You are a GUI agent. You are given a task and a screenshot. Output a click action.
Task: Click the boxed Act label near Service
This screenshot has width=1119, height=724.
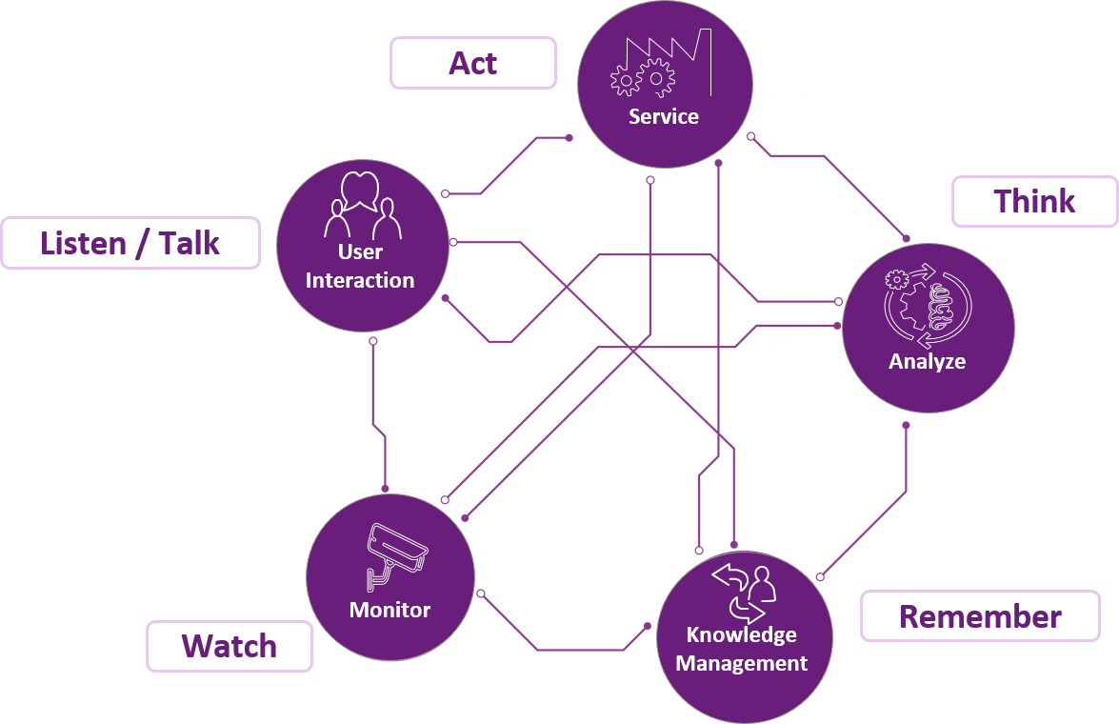tap(473, 63)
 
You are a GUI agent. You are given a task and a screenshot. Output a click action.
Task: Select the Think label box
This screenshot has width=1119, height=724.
tap(1034, 201)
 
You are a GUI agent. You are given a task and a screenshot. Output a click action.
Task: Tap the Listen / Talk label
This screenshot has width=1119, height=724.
tap(130, 243)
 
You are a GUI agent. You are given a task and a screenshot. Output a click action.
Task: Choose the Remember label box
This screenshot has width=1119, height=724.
tap(980, 616)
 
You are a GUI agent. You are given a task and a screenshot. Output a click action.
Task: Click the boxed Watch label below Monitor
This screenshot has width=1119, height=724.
tap(230, 646)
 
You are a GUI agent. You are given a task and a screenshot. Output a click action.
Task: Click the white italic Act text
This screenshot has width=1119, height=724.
tap(526, 317)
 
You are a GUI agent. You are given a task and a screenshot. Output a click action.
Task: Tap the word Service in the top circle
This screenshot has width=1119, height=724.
tap(664, 117)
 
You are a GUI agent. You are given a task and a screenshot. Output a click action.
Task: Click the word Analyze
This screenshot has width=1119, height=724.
tap(927, 361)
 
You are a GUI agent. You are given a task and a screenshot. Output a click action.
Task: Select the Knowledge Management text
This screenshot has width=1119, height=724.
tap(742, 649)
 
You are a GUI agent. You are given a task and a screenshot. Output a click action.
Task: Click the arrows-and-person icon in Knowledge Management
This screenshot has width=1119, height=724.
tap(744, 591)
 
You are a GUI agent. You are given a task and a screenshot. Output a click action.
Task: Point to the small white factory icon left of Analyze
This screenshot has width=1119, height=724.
tap(787, 330)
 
